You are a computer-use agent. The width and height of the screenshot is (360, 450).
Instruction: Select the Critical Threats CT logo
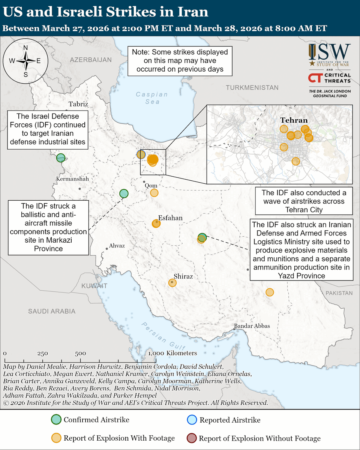[329, 78]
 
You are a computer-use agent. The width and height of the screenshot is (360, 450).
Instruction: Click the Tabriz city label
[78, 104]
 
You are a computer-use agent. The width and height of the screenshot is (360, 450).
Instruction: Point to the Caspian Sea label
[147, 98]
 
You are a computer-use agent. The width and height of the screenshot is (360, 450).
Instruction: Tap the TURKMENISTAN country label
[252, 88]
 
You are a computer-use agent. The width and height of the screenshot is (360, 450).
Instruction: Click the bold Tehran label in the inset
[294, 120]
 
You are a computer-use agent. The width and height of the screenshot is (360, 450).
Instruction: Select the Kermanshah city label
[72, 179]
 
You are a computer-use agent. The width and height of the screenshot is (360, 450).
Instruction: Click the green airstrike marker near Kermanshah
[61, 158]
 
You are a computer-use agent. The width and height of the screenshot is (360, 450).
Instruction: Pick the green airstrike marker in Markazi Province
[124, 193]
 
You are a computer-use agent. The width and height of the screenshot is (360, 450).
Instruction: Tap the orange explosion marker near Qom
[154, 193]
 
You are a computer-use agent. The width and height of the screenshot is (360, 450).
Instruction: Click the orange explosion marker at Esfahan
[156, 223]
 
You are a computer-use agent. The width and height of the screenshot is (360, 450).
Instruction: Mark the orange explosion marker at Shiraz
[172, 283]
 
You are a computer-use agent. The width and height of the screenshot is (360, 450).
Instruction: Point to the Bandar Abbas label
[252, 326]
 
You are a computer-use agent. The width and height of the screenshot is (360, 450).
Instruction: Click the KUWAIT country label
[94, 286]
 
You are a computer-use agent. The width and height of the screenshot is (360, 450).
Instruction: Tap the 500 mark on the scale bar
[80, 353]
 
